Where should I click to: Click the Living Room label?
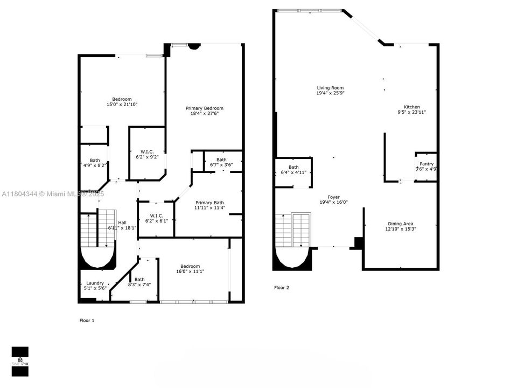click(x=330, y=88)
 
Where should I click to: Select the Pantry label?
click(x=427, y=164)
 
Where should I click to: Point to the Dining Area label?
click(x=401, y=223)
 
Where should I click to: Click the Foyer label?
click(x=333, y=197)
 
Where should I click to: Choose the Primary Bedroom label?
click(x=205, y=108)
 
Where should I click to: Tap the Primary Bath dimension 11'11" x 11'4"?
click(x=209, y=207)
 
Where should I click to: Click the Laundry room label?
click(x=95, y=283)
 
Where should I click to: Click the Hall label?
click(x=122, y=223)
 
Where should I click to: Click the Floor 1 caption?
click(x=87, y=320)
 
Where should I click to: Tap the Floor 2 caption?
click(x=282, y=288)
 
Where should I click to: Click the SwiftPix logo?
click(x=20, y=359)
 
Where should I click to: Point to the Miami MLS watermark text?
click(x=53, y=194)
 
